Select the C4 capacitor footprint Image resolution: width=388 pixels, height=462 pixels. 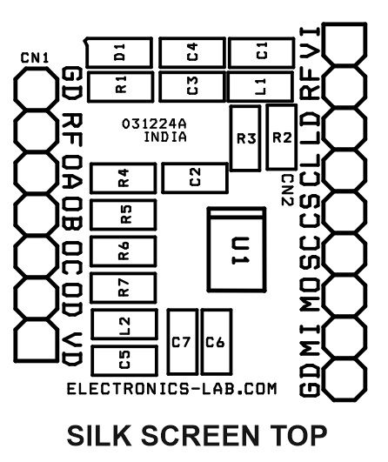[x=159, y=53]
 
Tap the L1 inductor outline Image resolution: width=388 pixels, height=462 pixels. [x=228, y=87]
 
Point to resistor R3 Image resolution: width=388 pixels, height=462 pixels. [x=231, y=138]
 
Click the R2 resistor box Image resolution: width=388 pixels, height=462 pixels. [x=267, y=137]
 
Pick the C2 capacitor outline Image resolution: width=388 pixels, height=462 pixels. [x=163, y=178]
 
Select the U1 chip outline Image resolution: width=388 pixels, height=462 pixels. [x=209, y=250]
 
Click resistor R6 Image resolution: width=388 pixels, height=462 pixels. [x=91, y=251]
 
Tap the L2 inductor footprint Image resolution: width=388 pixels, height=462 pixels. [x=92, y=324]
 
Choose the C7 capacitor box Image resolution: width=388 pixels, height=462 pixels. [x=168, y=342]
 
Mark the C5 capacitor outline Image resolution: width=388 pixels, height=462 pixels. [x=92, y=361]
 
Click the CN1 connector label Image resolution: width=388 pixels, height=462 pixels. [x=35, y=58]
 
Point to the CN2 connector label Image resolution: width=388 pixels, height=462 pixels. [x=288, y=190]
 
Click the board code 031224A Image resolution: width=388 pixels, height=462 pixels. [x=154, y=124]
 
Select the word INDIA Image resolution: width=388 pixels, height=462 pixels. [x=165, y=137]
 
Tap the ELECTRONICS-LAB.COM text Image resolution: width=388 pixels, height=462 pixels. [x=172, y=389]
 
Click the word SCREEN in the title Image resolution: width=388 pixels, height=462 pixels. [x=200, y=435]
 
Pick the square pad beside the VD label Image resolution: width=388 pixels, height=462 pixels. [x=36, y=340]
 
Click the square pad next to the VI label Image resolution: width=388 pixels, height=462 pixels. [x=345, y=43]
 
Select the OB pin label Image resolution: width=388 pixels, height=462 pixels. [x=72, y=214]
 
